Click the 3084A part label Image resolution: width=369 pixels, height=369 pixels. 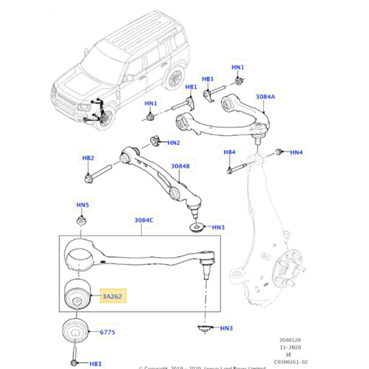coord(266,97)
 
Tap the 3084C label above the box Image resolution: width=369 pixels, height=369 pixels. coord(144,220)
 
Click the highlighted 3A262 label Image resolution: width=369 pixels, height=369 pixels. coord(113,298)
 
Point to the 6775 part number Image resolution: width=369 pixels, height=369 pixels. coord(108,332)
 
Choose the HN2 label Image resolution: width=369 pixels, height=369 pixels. coord(173,142)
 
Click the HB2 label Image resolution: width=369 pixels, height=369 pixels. coord(88,158)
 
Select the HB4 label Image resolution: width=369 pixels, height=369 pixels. coord(229,152)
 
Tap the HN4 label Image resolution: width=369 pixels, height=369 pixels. coord(296,152)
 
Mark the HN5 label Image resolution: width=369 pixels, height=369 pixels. coord(83,205)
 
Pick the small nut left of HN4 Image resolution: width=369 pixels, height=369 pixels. coord(278,152)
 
